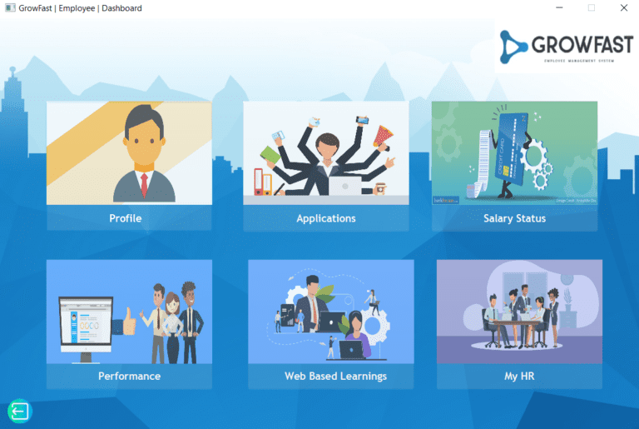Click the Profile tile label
126,218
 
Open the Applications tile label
326,218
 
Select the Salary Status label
514,218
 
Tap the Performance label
129,376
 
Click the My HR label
519,376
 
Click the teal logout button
19,411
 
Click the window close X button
624,7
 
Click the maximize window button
592,7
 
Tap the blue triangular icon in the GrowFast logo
515,48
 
